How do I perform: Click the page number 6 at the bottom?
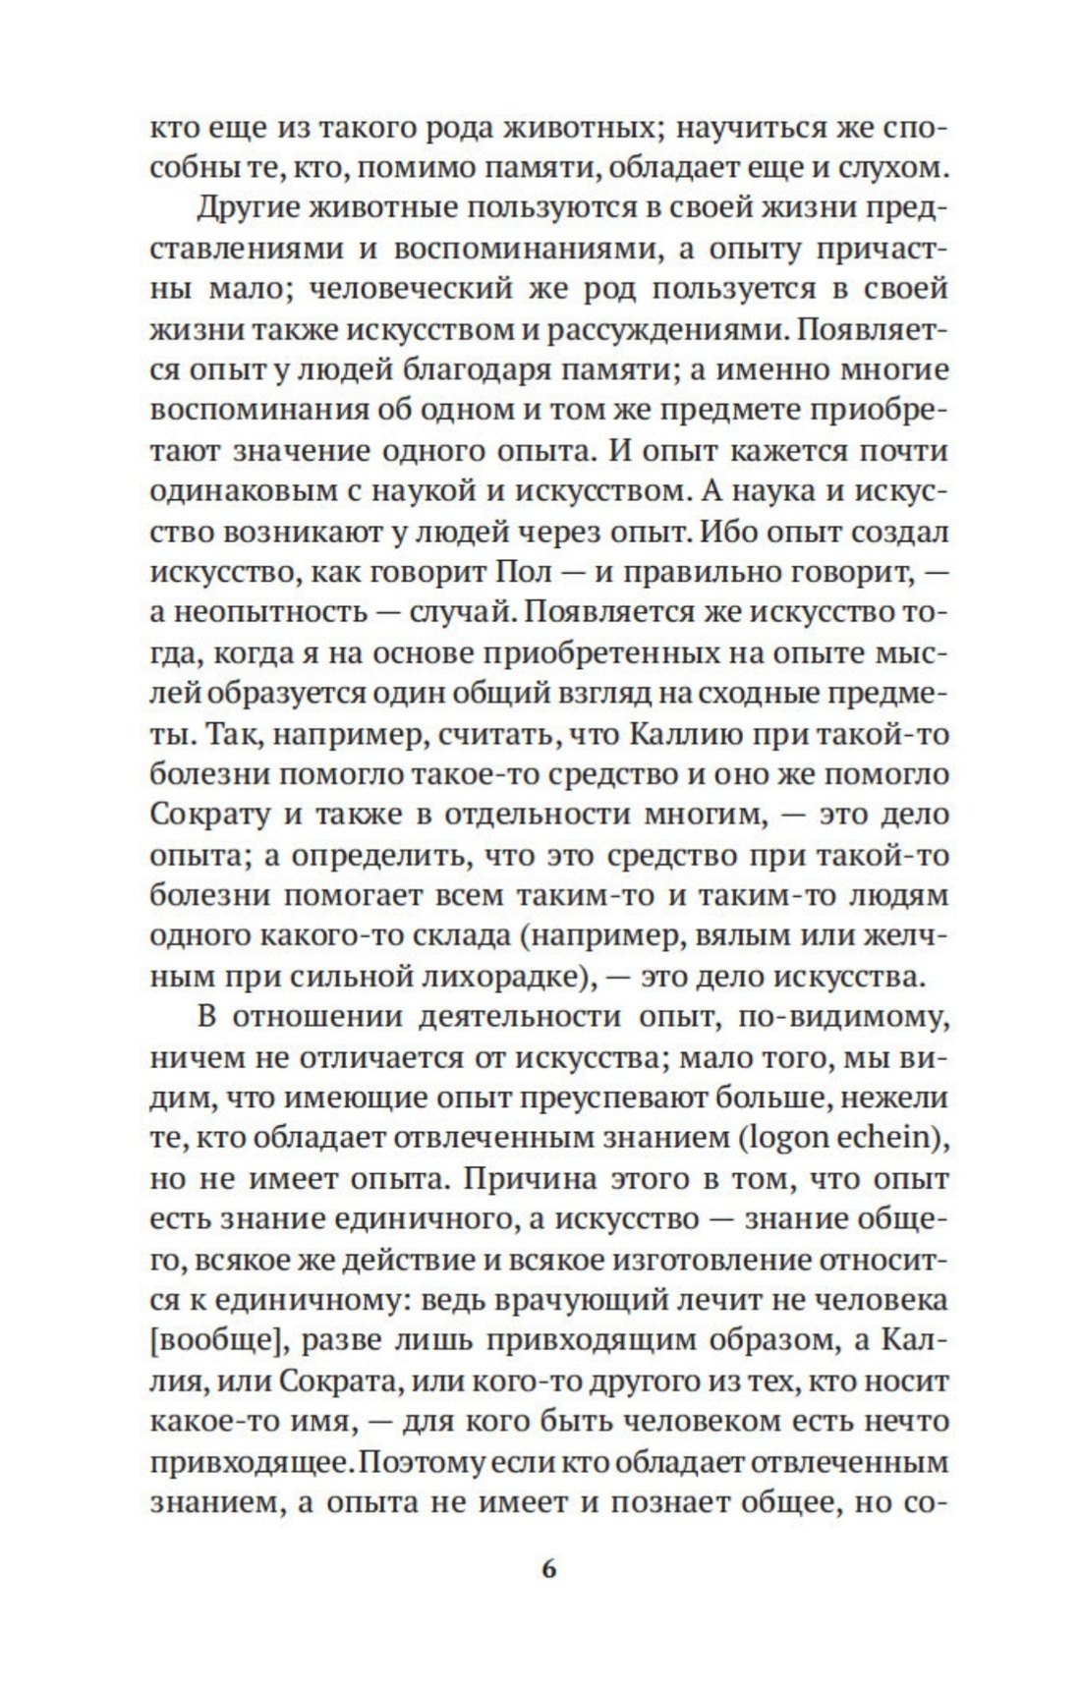pos(548,1568)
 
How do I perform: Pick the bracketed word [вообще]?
pos(213,1339)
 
